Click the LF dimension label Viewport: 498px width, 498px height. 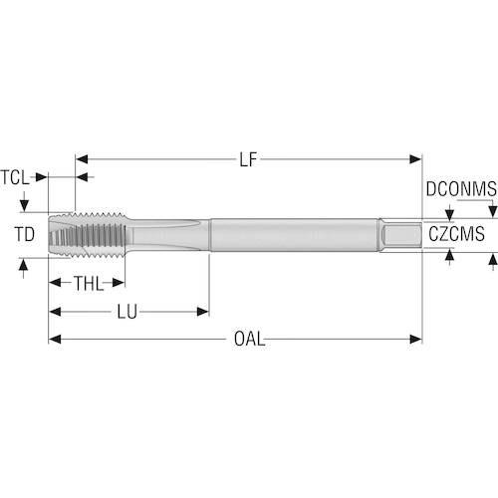pyautogui.click(x=248, y=159)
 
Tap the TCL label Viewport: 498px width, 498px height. pyautogui.click(x=15, y=177)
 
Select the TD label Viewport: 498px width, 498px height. pyautogui.click(x=25, y=234)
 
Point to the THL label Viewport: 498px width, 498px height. pyautogui.click(x=89, y=283)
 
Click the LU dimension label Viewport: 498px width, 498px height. pyautogui.click(x=127, y=312)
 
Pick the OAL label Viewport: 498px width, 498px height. pyautogui.click(x=250, y=340)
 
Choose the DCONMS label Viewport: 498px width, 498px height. pyautogui.click(x=461, y=189)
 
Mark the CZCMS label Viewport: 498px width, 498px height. pyautogui.click(x=456, y=234)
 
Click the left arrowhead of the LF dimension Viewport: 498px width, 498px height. pyautogui.click(x=82, y=159)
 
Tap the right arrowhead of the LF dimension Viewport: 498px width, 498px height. pyautogui.click(x=415, y=159)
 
